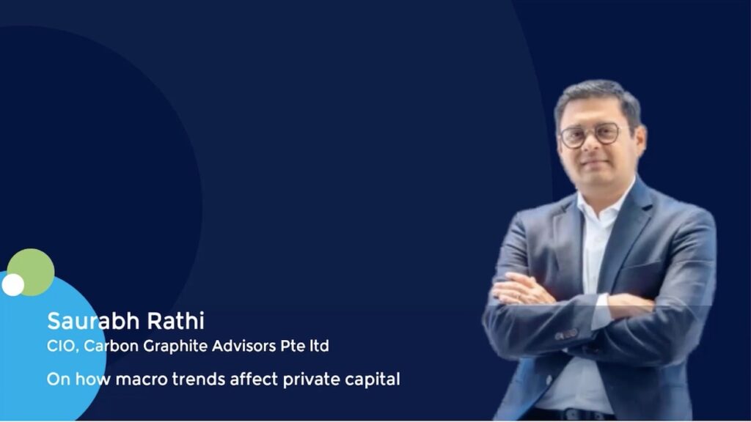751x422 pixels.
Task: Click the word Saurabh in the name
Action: tap(93, 321)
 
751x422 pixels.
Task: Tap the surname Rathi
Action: tap(176, 321)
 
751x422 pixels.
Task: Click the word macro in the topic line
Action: tap(142, 380)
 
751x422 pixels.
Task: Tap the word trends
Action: tap(198, 380)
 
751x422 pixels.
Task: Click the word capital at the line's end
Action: tap(372, 380)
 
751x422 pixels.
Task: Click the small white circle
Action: tap(13, 285)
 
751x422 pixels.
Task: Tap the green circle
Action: tap(31, 273)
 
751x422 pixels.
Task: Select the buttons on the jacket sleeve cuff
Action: tap(566, 334)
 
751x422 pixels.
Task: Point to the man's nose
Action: tap(591, 146)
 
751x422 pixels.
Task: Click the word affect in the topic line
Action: tap(254, 380)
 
